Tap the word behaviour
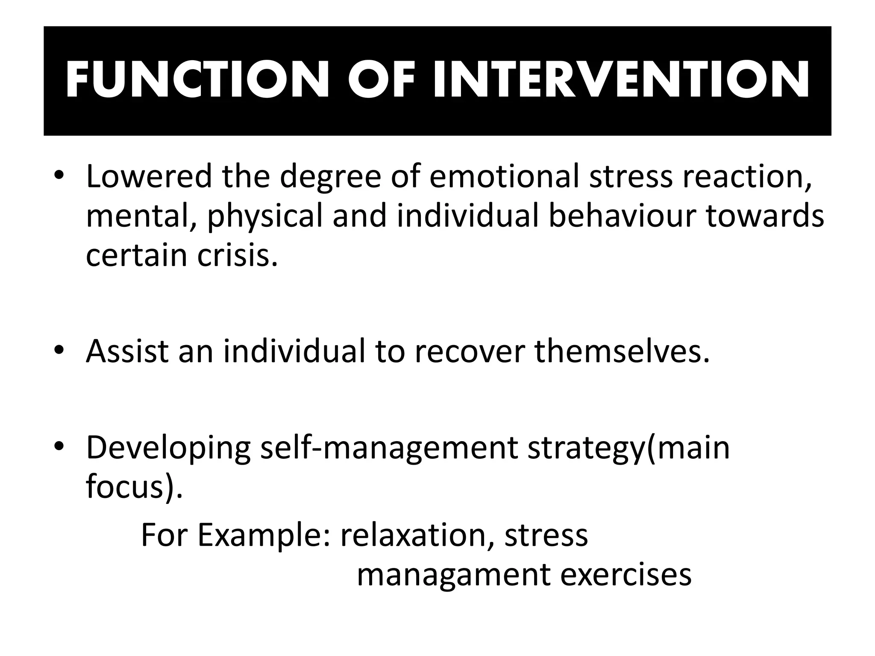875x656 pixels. coord(622,216)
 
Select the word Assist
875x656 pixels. coord(128,351)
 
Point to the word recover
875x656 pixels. coord(470,351)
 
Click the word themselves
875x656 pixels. coord(622,351)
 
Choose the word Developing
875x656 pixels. coord(168,448)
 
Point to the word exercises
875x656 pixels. coord(625,575)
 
